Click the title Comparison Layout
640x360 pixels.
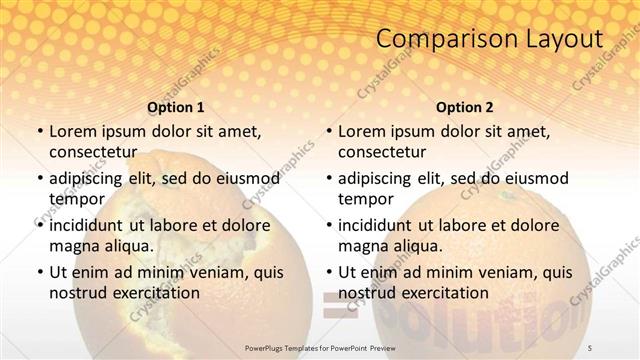coord(490,40)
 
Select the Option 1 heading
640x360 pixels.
coord(175,106)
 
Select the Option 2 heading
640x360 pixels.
coord(465,106)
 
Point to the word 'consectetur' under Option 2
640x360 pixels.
coord(381,151)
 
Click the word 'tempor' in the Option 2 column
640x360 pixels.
coord(365,198)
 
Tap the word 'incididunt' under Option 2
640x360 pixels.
coord(376,225)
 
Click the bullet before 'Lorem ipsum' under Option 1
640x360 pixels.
coord(39,132)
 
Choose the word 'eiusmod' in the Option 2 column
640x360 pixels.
coord(534,178)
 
